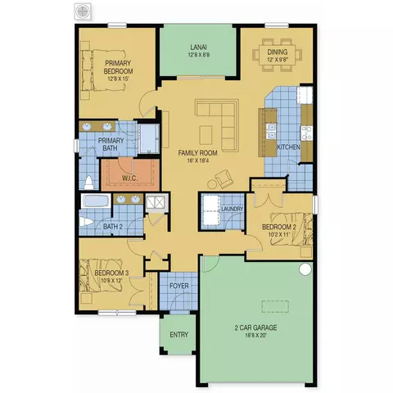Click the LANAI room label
196,47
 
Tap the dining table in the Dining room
278,55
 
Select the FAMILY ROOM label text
198,153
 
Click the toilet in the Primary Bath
88,183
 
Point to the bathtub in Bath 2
96,201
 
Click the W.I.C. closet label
129,178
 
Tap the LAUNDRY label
232,209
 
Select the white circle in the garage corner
305,269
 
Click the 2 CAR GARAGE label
255,327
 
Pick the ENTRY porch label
179,335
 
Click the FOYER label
179,286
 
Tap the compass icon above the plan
82,11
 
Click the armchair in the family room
224,179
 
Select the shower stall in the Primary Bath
148,138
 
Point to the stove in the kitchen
307,133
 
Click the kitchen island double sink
271,131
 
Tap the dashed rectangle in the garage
275,306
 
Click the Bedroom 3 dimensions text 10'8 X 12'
111,280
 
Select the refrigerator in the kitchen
305,95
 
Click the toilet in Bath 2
86,221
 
